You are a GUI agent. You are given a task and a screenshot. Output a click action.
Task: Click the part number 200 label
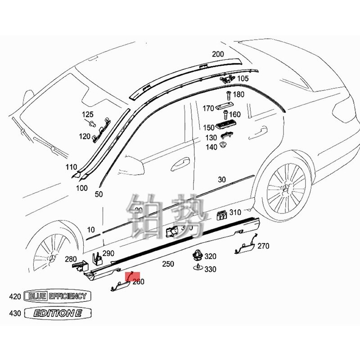click(x=218, y=54)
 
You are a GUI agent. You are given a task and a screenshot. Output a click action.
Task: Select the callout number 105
click(x=243, y=79)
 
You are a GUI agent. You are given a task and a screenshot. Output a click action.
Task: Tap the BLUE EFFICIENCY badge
click(x=57, y=296)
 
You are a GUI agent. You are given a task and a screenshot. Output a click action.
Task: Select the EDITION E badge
click(x=57, y=313)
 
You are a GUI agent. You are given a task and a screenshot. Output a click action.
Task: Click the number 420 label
click(x=15, y=297)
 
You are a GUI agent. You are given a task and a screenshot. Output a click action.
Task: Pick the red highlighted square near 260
click(x=134, y=277)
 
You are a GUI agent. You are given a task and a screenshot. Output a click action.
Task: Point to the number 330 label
click(x=210, y=270)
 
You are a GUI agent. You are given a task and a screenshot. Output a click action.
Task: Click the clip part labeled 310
click(x=221, y=215)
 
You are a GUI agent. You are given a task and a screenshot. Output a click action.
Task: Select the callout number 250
click(x=168, y=264)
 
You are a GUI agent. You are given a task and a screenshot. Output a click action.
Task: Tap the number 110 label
click(x=71, y=167)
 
